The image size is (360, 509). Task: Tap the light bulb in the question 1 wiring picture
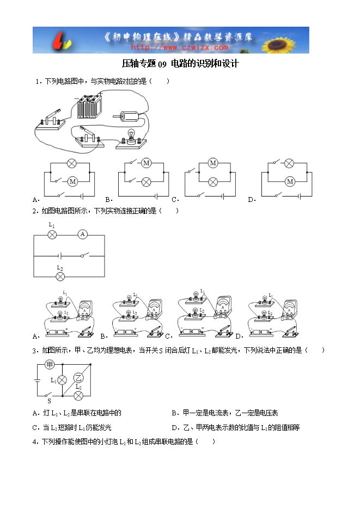(x=131, y=136)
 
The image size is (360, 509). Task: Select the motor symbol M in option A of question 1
(x=71, y=181)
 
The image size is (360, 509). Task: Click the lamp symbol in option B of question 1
(x=145, y=181)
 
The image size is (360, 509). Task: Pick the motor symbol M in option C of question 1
(x=213, y=163)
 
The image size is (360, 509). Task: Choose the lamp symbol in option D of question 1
(x=290, y=163)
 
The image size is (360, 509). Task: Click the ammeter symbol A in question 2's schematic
(x=82, y=234)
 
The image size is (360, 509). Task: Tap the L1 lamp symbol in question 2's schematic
(x=53, y=234)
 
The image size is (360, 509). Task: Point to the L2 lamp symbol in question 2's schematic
(x=60, y=277)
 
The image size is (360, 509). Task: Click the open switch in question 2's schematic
(x=84, y=255)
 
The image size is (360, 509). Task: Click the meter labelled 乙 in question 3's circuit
(x=78, y=378)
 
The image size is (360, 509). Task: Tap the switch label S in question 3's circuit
(x=48, y=400)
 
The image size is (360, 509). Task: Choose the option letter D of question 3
(x=174, y=427)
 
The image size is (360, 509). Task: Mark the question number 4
(x=35, y=441)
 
